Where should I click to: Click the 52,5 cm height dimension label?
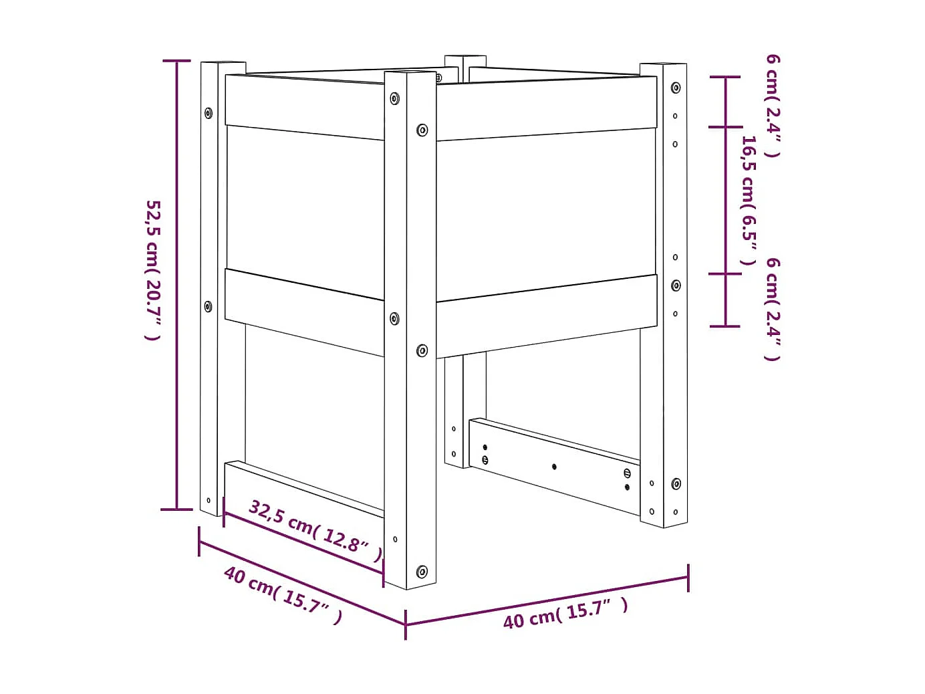tap(153, 269)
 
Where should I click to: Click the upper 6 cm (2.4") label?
tap(773, 106)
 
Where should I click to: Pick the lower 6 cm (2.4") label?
tap(773, 309)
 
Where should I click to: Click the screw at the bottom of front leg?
tap(422, 572)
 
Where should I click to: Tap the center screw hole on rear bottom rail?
tap(554, 466)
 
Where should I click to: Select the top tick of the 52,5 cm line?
tap(177, 61)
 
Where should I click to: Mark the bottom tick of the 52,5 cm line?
tap(177, 509)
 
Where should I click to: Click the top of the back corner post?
tap(465, 60)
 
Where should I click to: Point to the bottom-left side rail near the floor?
tap(304, 489)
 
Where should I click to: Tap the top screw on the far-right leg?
tap(676, 88)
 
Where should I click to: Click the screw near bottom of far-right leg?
tap(676, 483)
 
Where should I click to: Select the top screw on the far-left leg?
tap(209, 112)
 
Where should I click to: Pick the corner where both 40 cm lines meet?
tap(405, 624)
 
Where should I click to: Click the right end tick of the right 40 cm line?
tap(688, 578)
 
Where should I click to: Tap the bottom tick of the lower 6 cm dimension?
tap(725, 326)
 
